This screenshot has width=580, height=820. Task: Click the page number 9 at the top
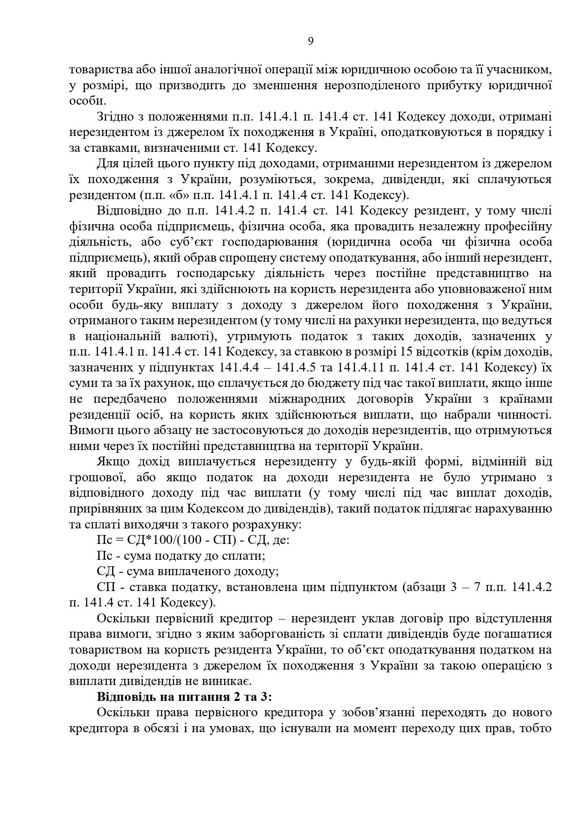point(311,41)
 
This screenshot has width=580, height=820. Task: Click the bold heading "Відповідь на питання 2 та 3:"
point(184,697)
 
